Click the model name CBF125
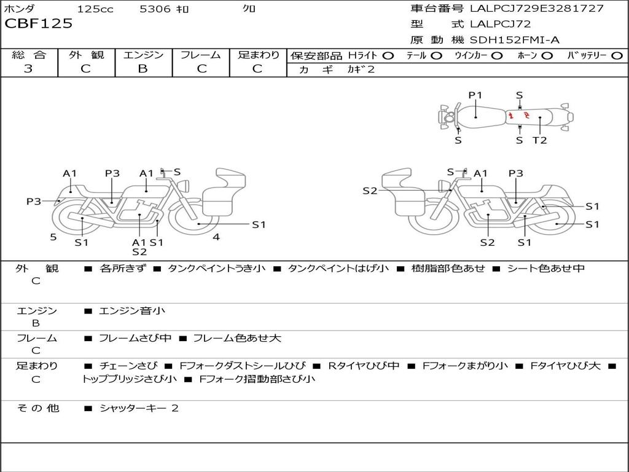[x=39, y=24]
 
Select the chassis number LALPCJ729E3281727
[x=536, y=9]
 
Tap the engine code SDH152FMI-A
[x=514, y=40]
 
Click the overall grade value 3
[x=28, y=68]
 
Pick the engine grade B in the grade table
[x=143, y=68]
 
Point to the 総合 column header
[x=29, y=55]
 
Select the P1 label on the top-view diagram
[x=475, y=95]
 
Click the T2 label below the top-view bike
[x=539, y=140]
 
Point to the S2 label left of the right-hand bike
[x=370, y=191]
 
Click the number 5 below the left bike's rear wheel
[x=53, y=237]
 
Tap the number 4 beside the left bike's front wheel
[x=216, y=237]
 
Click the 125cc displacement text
[x=95, y=9]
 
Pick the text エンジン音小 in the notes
[x=132, y=311]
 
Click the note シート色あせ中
[x=545, y=268]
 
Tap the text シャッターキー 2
[x=139, y=408]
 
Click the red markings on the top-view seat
[x=519, y=115]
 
